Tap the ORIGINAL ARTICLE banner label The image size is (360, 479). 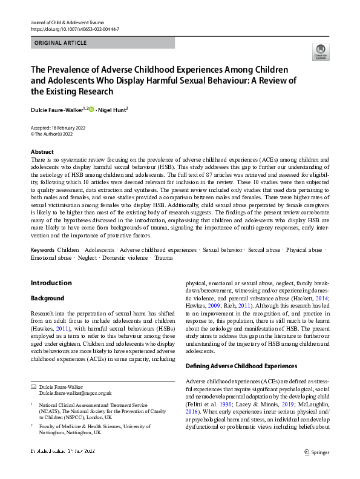pos(61,43)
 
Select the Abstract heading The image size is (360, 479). pos(42,151)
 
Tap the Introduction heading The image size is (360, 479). pos(51,283)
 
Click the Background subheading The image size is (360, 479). pos(47,299)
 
